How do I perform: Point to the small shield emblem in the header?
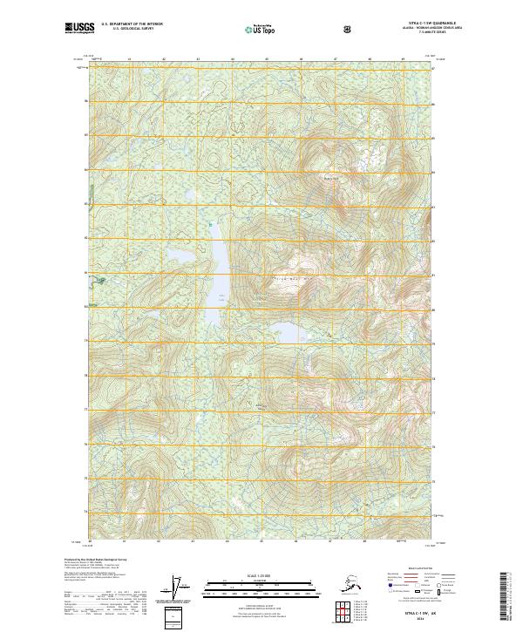coord(348,29)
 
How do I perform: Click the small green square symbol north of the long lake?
coord(210,226)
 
